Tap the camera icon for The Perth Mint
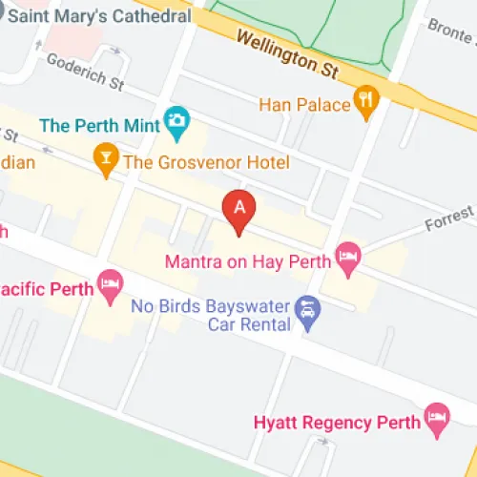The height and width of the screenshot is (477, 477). [x=176, y=120]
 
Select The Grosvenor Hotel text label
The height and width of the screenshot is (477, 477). [x=206, y=162]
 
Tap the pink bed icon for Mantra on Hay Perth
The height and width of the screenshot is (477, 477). [x=347, y=258]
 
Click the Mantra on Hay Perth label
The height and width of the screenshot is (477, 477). [x=247, y=260]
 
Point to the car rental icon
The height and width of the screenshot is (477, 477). [x=306, y=309]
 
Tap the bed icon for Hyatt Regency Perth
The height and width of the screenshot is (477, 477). [x=437, y=415]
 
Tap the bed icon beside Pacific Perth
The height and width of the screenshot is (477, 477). [x=111, y=283]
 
